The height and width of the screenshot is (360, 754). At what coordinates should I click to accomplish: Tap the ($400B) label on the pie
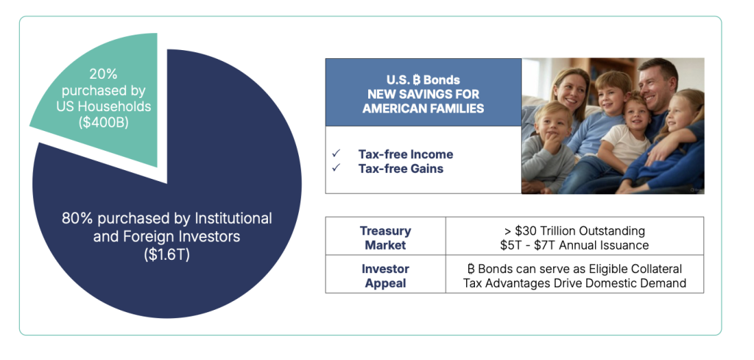[x=104, y=122]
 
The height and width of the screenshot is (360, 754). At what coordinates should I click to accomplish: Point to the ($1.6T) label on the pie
[x=167, y=255]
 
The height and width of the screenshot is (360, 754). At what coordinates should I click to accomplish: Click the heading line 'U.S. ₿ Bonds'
[x=423, y=80]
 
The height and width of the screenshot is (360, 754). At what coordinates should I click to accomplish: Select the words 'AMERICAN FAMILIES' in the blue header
[x=423, y=108]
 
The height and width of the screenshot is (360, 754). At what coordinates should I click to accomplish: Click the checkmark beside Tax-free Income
[x=336, y=153]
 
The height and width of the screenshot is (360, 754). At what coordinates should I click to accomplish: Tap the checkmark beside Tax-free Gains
[x=336, y=168]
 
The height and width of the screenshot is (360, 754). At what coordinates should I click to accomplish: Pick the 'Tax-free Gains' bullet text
[x=401, y=169]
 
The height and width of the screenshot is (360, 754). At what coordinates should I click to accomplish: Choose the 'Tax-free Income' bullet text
[x=406, y=155]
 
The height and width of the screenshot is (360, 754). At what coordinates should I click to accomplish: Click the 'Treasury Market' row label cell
[x=386, y=236]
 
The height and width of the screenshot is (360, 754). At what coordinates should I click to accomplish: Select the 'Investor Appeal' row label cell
[x=386, y=274]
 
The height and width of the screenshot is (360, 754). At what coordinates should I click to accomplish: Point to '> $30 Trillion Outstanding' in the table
[x=574, y=230]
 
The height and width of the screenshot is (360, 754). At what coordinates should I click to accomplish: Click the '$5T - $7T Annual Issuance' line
[x=574, y=245]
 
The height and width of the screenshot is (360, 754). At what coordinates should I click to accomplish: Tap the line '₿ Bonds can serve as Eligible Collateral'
[x=574, y=269]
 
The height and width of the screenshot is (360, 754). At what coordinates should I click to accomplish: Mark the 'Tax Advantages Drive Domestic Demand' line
[x=574, y=283]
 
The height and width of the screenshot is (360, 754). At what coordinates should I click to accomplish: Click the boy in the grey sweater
[x=548, y=149]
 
